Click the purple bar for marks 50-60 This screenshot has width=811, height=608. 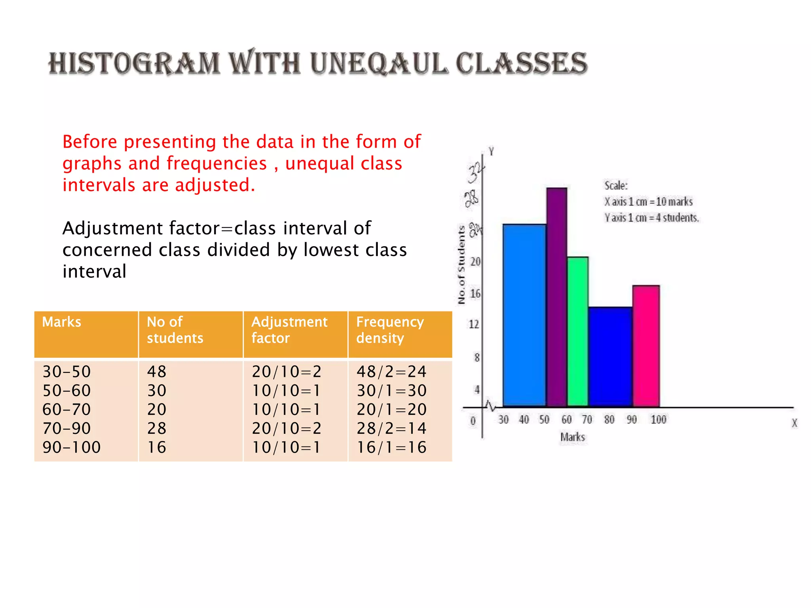pos(557,297)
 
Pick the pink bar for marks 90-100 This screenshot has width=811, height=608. pos(646,346)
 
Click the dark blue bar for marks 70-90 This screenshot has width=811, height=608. pos(610,356)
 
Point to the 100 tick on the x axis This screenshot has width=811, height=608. pos(659,420)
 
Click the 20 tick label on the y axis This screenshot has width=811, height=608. pos(475,262)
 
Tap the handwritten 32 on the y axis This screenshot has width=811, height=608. pos(476,173)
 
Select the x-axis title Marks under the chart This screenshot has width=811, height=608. pos(573,437)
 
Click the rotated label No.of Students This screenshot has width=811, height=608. pos(461,265)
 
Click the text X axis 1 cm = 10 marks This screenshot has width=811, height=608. pos(648,202)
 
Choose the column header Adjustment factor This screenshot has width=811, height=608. pos(289,330)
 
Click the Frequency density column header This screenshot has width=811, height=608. pos(390,330)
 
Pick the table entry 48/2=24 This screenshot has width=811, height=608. pos(391,372)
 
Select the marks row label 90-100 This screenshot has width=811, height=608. pos(72,447)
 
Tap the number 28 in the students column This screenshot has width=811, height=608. pos(157,428)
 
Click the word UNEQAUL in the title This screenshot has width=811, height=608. pos(379,64)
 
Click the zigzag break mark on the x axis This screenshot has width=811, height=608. pos(491,406)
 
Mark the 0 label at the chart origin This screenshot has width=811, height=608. pos(473,421)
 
